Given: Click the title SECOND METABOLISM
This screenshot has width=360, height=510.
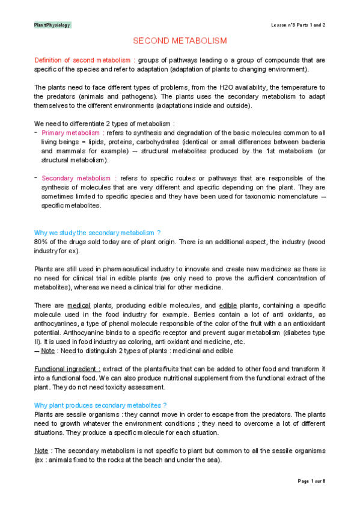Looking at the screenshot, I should tap(180, 41).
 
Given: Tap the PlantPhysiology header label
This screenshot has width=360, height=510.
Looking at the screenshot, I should tap(53, 25).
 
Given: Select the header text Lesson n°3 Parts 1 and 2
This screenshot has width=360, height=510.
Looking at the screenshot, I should tap(298, 25).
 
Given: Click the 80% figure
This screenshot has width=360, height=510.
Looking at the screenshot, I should tap(41, 242).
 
